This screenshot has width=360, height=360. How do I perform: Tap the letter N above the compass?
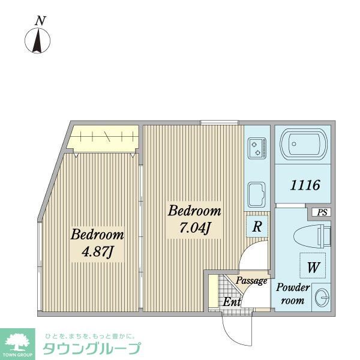point(41,20)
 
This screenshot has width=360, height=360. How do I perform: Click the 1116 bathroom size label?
point(305,185)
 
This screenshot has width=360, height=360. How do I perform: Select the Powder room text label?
point(293,294)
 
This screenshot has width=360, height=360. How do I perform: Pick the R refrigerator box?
point(256,227)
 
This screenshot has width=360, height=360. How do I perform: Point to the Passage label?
point(251,281)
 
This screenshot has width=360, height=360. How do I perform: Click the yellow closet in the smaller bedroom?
point(103,139)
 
